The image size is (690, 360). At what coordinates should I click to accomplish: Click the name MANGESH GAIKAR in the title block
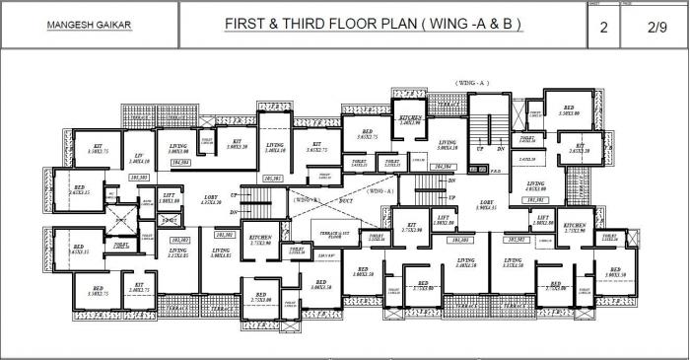click(89, 25)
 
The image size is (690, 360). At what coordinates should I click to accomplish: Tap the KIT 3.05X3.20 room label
click(238, 144)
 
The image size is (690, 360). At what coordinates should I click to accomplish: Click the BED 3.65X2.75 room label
click(366, 135)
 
